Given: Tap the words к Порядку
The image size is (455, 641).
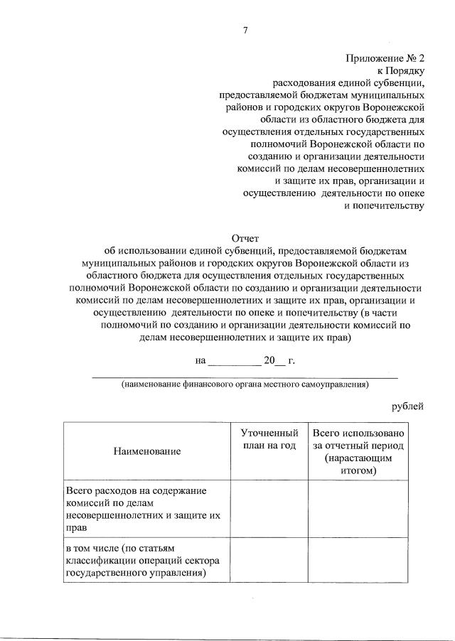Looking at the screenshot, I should [400, 71].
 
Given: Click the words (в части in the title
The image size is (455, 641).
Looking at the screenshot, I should [382, 313].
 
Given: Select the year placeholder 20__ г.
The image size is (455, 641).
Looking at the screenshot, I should [279, 361].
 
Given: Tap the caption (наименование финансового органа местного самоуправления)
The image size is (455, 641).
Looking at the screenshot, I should [245, 384].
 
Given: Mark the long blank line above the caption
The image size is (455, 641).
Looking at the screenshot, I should [245, 376].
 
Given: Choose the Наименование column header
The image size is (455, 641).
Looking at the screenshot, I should [146, 451].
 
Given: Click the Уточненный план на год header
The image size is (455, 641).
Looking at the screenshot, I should [269, 438].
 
